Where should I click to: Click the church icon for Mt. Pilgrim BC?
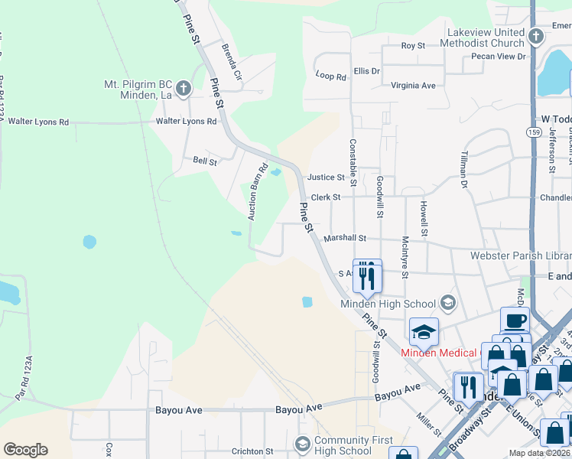183,90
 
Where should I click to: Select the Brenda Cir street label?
231,62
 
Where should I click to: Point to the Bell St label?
205,161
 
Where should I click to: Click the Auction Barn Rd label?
257,192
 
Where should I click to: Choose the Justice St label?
326,177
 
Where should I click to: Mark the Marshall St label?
345,239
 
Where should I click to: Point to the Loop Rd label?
331,75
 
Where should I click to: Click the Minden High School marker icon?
448,304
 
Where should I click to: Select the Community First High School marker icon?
303,444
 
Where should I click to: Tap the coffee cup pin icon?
515,320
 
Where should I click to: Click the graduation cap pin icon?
424,331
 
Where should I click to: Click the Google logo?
25,450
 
